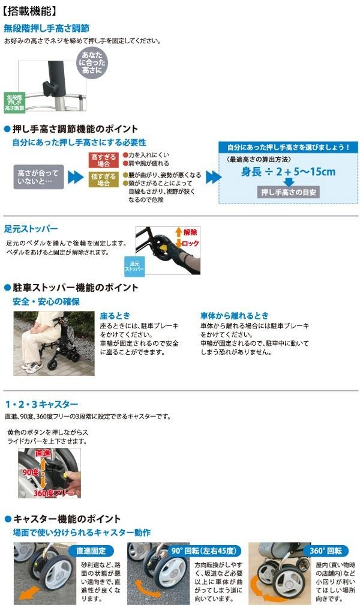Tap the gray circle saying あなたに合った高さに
pos(92,62)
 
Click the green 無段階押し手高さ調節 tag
pos(14,103)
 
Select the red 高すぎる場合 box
pos(103,160)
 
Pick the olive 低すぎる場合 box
pos(103,180)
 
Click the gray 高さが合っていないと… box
pos(38,177)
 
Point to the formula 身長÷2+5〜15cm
pos(288,172)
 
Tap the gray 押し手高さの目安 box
pos(289,192)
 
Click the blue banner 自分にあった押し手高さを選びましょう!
pos(288,147)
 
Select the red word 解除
pos(190,232)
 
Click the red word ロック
pos(190,244)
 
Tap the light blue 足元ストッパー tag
pos(134,267)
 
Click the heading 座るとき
pos(115,316)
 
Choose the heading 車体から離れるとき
pos(235,316)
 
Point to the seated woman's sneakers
pos(32,366)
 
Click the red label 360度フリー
pos(53,493)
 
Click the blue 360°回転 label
pos(326,551)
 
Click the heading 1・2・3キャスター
pos(41,405)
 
